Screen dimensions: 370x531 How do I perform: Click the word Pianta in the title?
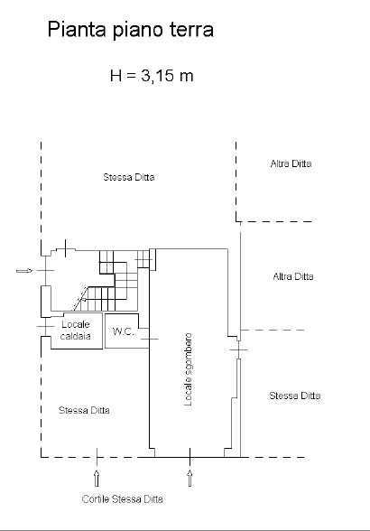pos(77,29)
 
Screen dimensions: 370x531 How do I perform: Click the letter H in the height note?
pos(116,75)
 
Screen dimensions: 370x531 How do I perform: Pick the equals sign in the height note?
pos(132,76)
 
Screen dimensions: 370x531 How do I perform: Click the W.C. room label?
pos(124,331)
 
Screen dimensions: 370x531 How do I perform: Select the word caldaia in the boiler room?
pos(76,336)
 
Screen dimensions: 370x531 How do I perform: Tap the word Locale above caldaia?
pos(76,324)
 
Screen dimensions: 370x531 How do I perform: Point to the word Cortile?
pos(96,498)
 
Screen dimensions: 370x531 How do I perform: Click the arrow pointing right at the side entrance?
pos(24,271)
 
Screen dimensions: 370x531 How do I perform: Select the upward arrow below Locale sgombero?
pos(190,478)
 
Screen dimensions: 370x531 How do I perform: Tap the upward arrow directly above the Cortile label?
pos(97,478)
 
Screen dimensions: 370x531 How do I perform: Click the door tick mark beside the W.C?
pos(149,339)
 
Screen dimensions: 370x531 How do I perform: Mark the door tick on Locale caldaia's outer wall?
pos(45,326)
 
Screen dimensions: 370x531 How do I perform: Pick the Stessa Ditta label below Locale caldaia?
pos(84,410)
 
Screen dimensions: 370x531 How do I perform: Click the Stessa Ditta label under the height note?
pos(129,177)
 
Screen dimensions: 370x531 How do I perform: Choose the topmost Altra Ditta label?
pos(291,164)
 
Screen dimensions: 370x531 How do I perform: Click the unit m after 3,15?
pos(187,77)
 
